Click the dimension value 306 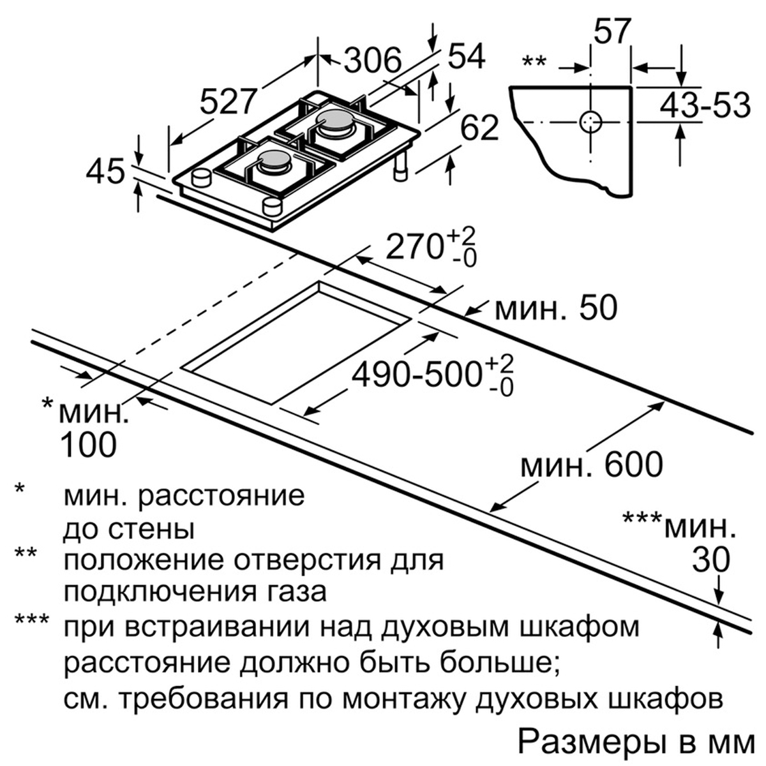[x=373, y=61]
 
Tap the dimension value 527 [x=227, y=101]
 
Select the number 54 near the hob [x=467, y=56]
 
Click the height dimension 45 [x=105, y=173]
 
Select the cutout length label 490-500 [x=416, y=375]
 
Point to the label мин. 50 [x=556, y=308]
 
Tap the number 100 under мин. [x=89, y=445]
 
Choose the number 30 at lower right [x=711, y=560]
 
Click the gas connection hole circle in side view [x=591, y=121]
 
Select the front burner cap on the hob [x=274, y=158]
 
